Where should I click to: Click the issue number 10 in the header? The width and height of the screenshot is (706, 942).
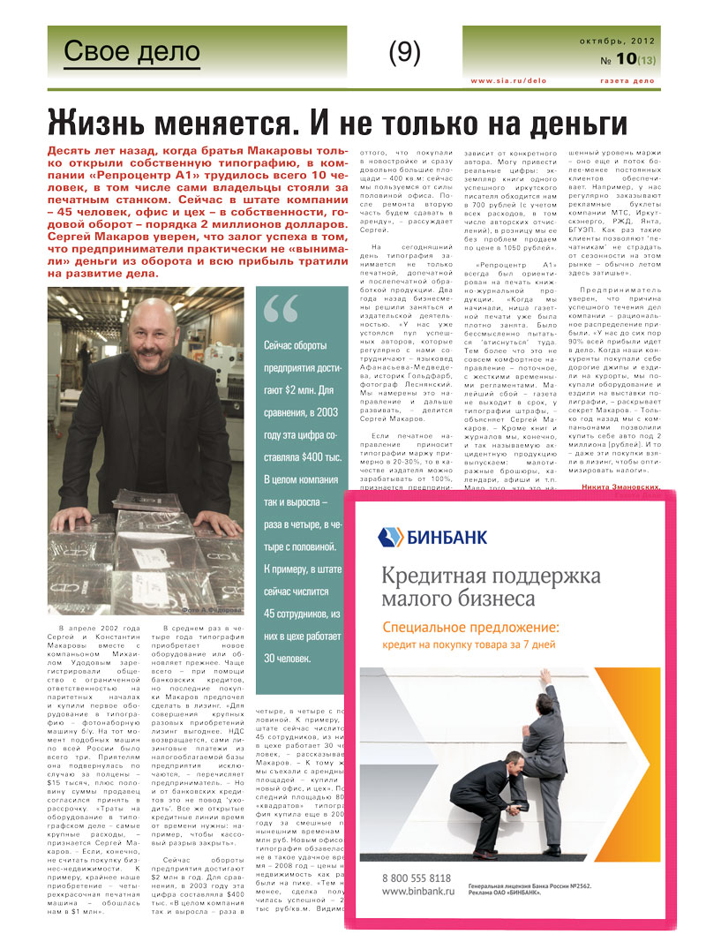click(627, 59)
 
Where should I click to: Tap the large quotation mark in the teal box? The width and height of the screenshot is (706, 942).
click(282, 308)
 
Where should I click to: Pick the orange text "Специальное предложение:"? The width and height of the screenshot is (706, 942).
click(471, 629)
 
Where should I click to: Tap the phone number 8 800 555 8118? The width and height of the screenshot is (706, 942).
click(417, 878)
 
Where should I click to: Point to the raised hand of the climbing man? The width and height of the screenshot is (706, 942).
click(545, 675)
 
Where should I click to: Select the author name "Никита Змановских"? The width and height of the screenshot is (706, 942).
click(620, 486)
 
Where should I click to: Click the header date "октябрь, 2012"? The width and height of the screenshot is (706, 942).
click(617, 41)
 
